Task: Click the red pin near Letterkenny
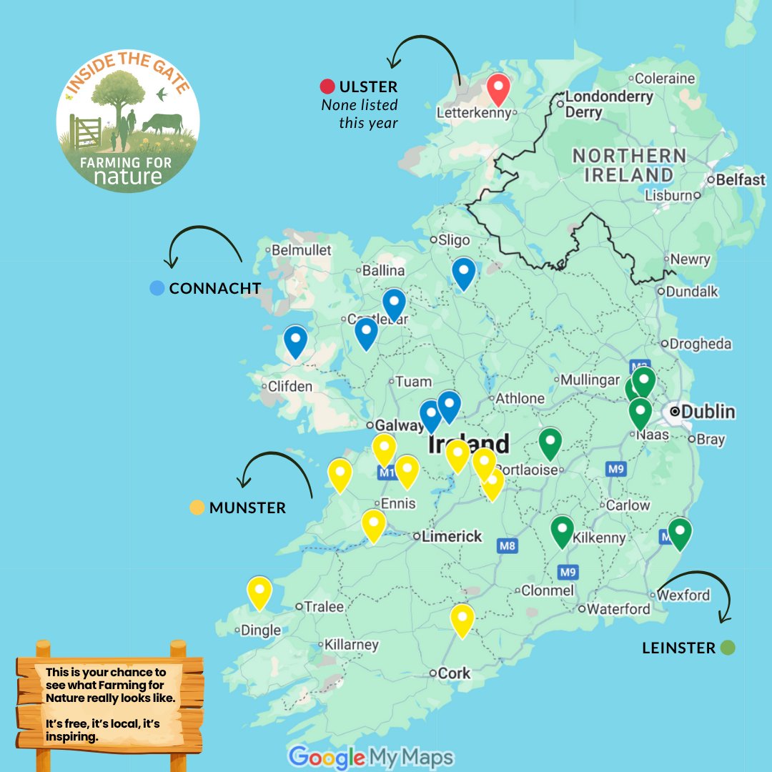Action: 498,89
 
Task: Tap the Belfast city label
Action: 740,180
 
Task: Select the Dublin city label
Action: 708,412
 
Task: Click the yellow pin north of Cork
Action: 462,618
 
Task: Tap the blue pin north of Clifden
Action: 295,340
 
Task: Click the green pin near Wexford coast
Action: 679,533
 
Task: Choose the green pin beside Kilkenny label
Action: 563,530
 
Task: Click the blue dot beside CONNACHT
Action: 157,288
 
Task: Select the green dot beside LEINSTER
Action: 728,648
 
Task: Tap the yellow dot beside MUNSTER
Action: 197,508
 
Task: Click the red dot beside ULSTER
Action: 327,87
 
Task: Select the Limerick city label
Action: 451,536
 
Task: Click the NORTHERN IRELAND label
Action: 629,165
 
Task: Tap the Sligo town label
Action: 455,240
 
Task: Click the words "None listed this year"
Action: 360,114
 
